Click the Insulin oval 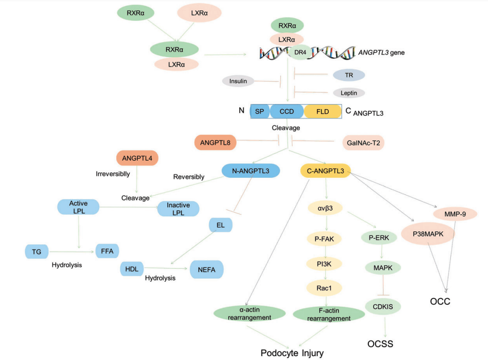(x=238, y=81)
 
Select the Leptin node (x=349, y=93)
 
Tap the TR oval (x=349, y=75)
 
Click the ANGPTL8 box (x=215, y=142)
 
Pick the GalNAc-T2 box (x=363, y=143)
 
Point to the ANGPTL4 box (x=137, y=158)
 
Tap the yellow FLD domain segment (x=323, y=112)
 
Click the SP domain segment (x=260, y=112)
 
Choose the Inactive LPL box (x=178, y=209)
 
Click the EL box (x=220, y=225)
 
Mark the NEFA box (x=206, y=269)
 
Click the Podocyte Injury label (x=292, y=353)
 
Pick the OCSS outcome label (x=380, y=343)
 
